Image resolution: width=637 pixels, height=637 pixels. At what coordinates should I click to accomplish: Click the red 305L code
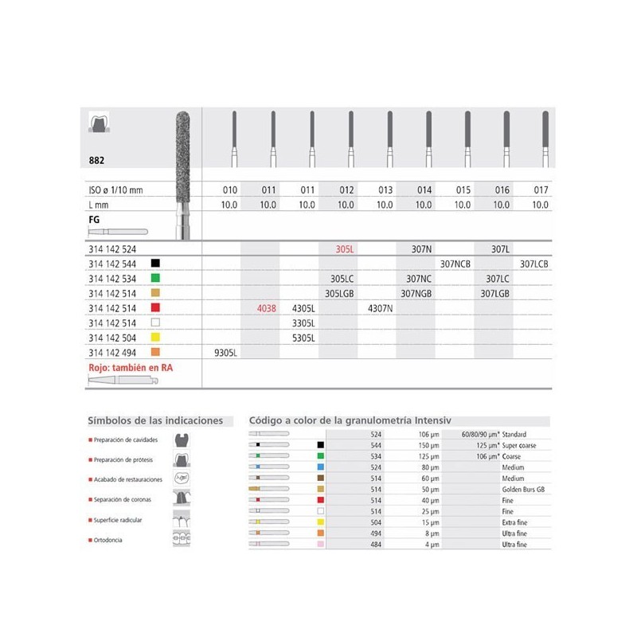pos(345,249)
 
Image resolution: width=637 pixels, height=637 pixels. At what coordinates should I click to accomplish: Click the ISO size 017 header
pos(540,190)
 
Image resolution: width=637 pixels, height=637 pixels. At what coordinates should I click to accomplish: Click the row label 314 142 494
pos(114,350)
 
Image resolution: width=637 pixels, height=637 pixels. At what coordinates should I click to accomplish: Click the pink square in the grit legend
pos(320,545)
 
